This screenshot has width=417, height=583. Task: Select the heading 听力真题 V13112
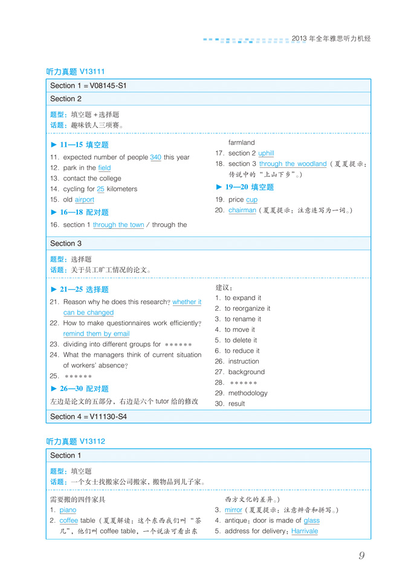tap(76, 441)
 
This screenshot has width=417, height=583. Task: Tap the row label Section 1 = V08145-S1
tap(88, 86)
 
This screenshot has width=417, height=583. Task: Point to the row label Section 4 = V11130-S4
tap(88, 416)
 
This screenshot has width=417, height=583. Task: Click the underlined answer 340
tap(155, 158)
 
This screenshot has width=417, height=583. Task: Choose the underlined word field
tap(105, 168)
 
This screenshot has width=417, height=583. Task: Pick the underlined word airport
tap(85, 200)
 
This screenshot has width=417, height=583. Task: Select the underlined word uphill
tap(266, 153)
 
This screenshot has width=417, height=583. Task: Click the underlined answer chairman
tap(242, 210)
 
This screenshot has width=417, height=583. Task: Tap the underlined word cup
tap(252, 200)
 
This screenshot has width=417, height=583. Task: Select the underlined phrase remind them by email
tap(96, 334)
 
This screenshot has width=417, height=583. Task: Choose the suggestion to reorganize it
tap(247, 308)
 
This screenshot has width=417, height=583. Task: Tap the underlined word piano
tap(68, 510)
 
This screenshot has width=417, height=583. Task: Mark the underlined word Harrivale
tap(305, 531)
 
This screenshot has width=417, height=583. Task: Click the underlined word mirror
tap(233, 510)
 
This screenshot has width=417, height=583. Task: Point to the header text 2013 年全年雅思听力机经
tap(331, 39)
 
